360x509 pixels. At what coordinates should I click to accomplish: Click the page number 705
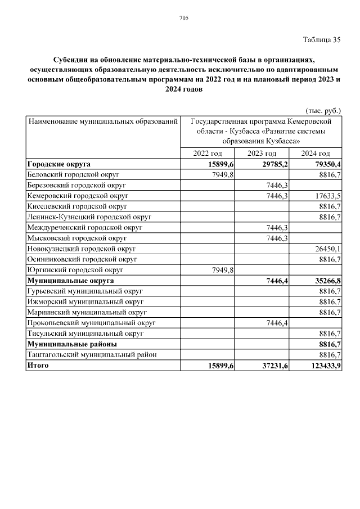point(183,19)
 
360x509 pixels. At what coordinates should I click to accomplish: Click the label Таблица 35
point(322,39)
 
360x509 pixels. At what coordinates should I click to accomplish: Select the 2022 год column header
point(208,154)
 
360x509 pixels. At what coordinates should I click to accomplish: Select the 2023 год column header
point(262,154)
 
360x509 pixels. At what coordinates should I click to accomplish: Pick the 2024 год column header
point(316,154)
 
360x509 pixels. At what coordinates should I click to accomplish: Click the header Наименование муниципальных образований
point(103,121)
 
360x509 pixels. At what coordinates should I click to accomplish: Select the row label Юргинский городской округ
point(75,269)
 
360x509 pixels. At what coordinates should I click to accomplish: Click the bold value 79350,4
point(326,164)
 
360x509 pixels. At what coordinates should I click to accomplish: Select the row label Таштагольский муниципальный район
point(92,354)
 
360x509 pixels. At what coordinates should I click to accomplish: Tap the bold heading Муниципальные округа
point(70,280)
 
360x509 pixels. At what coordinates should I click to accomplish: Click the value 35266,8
point(326,280)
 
